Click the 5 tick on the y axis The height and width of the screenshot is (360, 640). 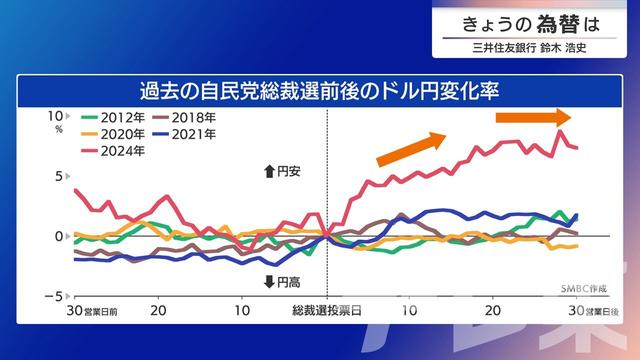57,176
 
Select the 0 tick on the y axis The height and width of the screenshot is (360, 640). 57,236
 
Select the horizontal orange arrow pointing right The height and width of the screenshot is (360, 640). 534,117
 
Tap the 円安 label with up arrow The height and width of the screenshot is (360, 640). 282,171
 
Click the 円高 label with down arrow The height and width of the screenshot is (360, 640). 282,280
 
